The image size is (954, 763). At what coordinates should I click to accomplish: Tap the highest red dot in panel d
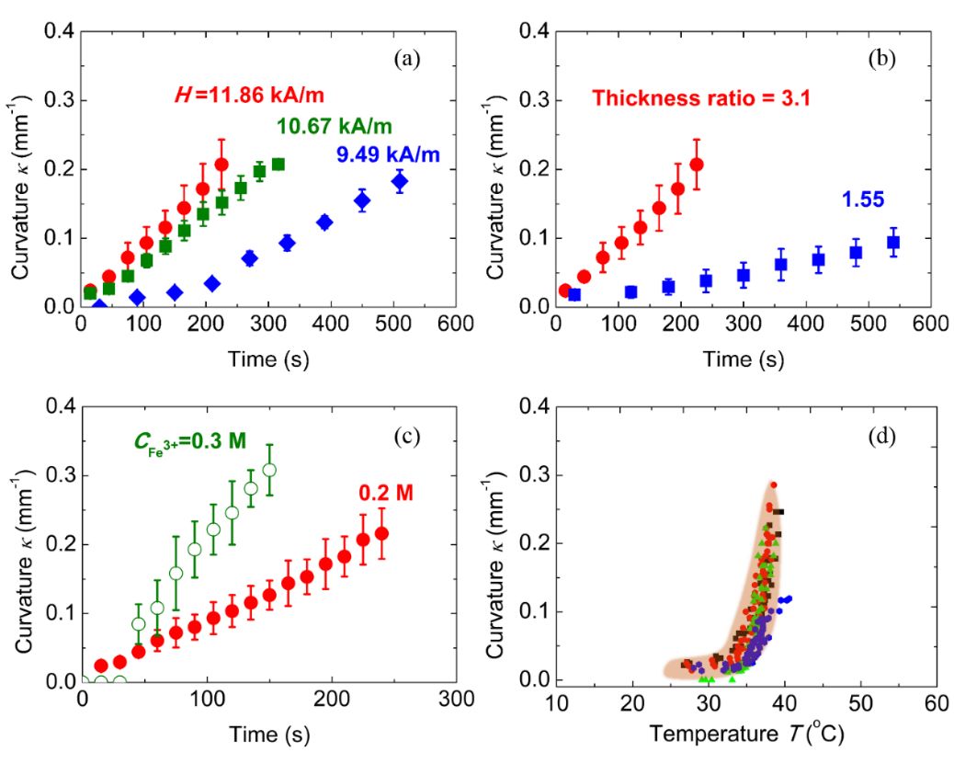click(773, 484)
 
